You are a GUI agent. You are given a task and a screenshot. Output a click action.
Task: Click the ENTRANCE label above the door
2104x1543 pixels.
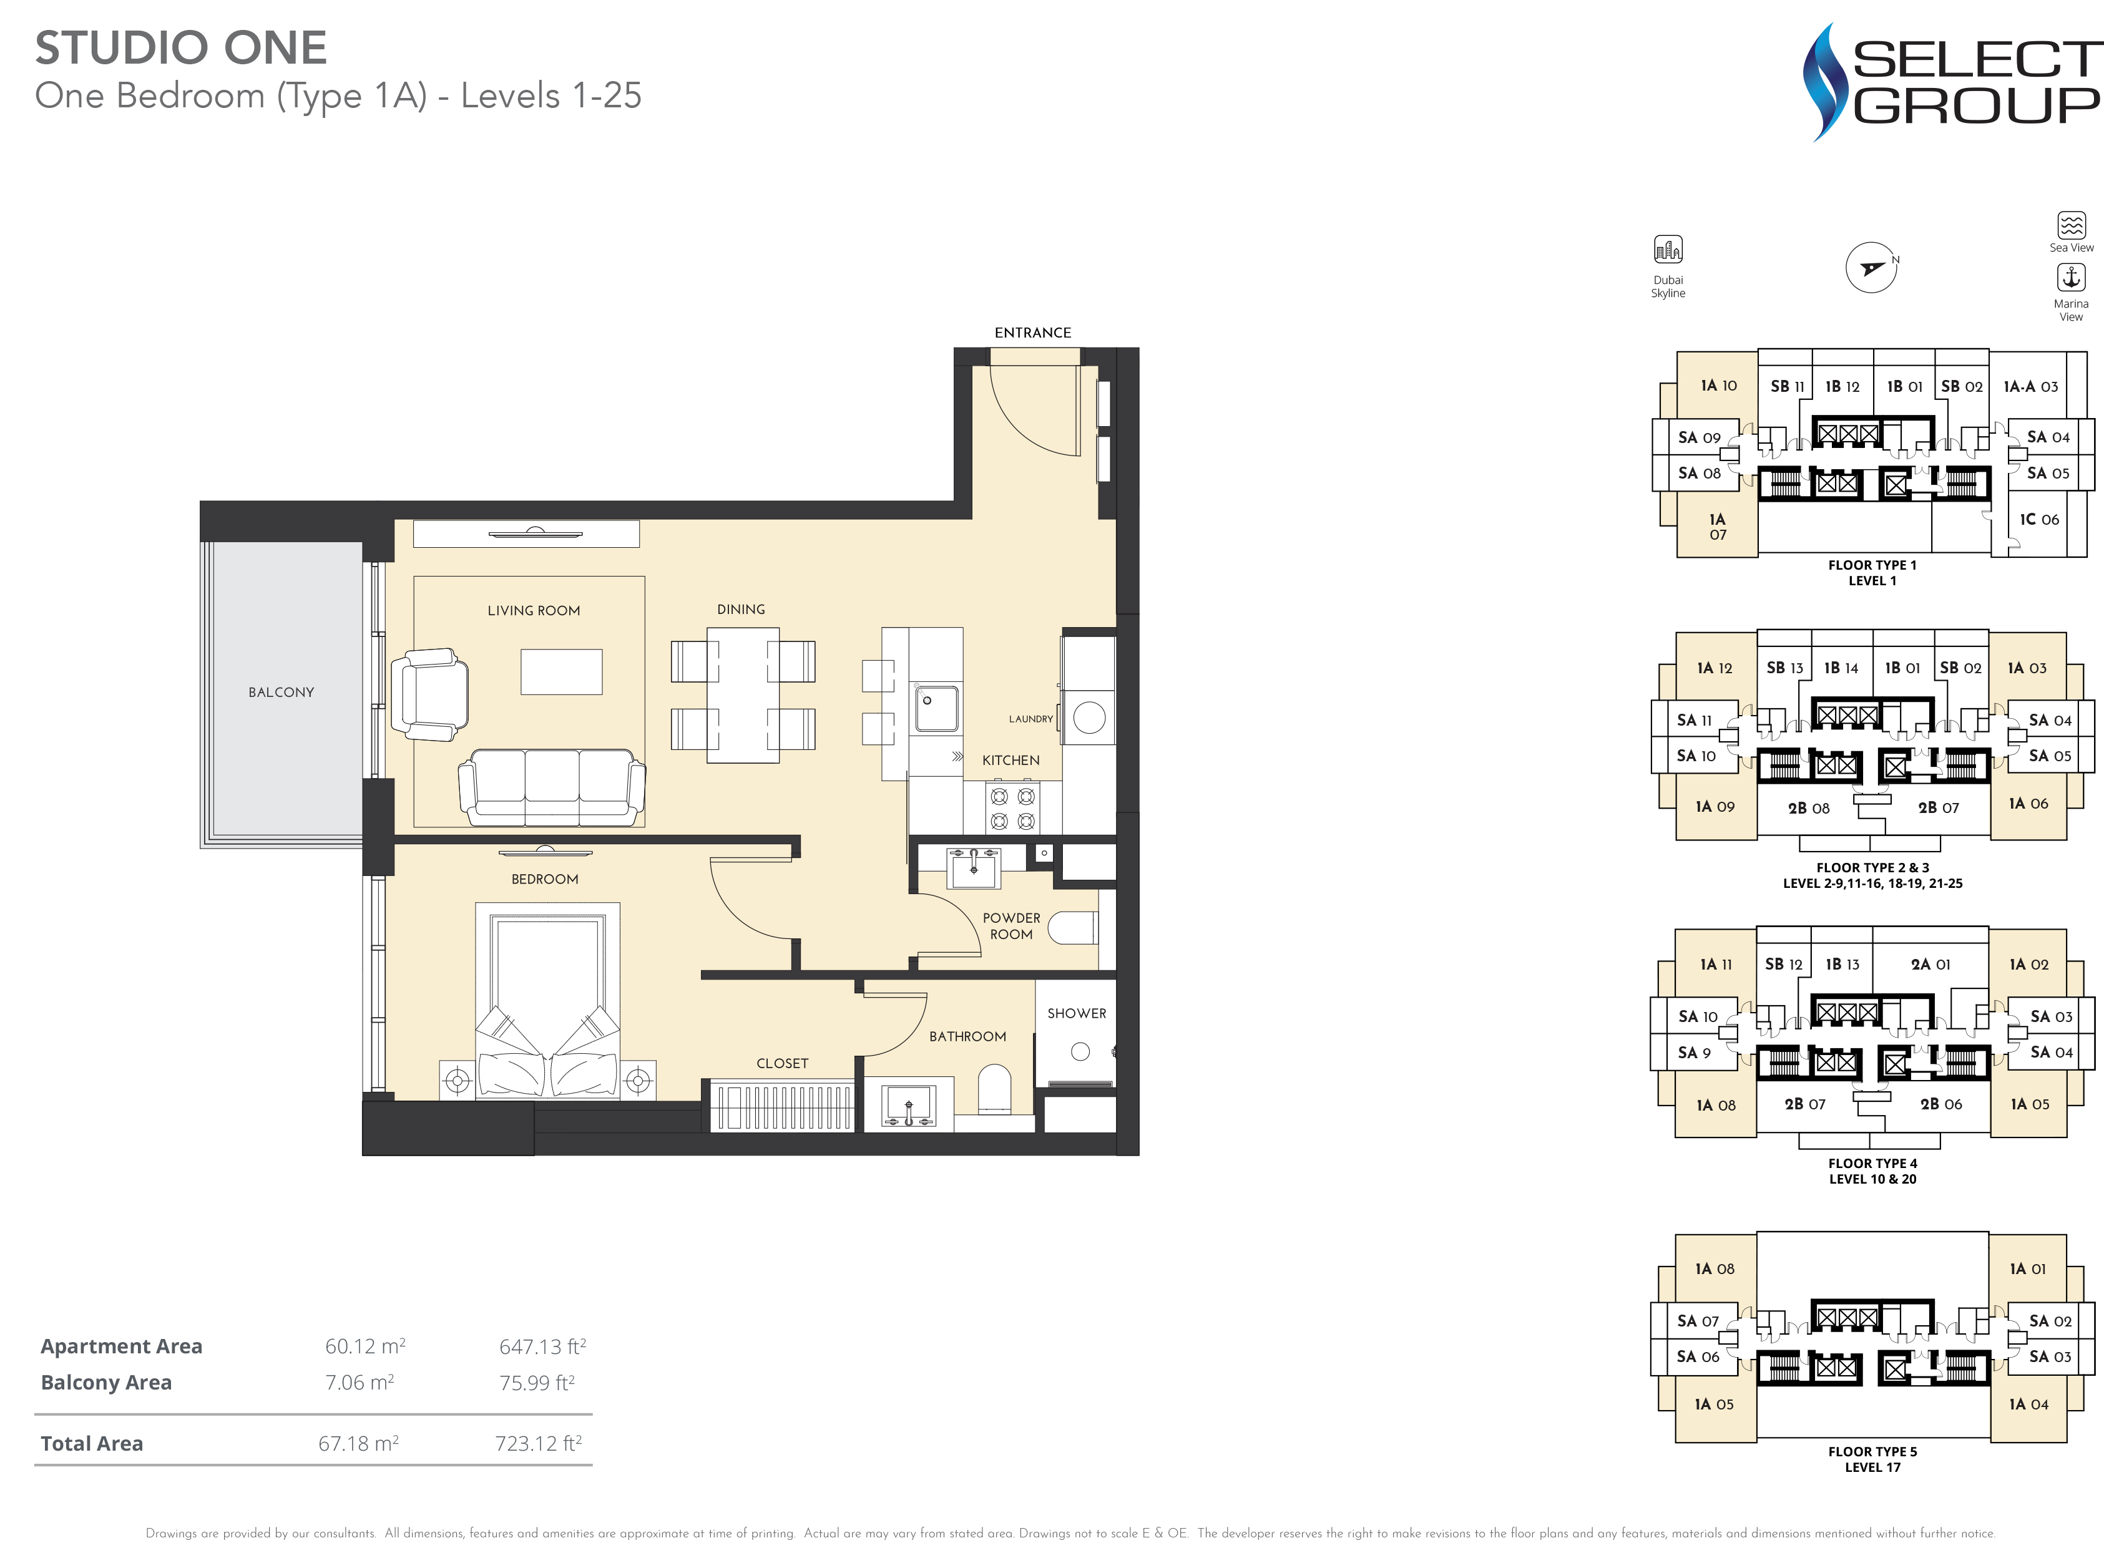1032,333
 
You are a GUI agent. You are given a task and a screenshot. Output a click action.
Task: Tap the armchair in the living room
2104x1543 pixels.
430,695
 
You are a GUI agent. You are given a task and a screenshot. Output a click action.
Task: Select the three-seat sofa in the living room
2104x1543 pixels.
551,787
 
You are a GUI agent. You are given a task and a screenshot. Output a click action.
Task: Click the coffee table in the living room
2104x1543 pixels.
562,671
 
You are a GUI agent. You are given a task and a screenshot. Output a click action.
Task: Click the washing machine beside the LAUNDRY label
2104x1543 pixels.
1089,718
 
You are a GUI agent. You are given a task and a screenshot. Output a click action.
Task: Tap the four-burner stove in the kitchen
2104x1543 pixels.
1013,809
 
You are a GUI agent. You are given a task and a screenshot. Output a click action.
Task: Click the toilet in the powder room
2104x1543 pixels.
1072,927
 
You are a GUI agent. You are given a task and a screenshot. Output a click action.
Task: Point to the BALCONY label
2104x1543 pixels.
281,692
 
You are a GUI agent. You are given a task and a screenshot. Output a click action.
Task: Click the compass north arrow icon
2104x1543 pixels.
1871,268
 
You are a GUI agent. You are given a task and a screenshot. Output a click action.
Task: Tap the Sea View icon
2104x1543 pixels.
2072,225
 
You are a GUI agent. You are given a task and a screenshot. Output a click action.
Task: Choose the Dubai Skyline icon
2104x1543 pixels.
1668,250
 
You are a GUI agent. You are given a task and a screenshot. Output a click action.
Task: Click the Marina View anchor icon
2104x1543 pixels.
2072,278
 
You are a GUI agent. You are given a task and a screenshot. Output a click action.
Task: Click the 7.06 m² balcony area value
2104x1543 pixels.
360,1383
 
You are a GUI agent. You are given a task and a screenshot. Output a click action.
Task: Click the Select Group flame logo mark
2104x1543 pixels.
1824,82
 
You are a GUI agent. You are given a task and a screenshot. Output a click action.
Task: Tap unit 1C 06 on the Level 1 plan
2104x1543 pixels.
2038,519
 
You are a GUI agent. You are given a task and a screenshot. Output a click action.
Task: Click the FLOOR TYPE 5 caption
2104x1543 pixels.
1872,1451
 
